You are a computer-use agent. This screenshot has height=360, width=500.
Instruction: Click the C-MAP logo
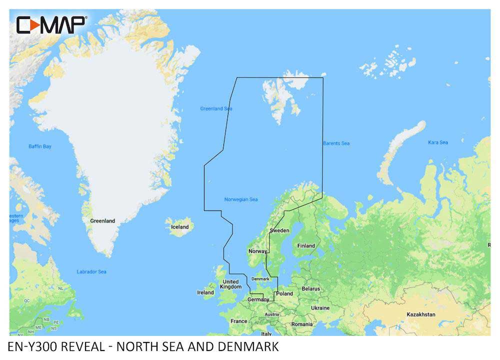[51, 24]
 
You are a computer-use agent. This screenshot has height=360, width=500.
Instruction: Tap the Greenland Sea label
[216, 108]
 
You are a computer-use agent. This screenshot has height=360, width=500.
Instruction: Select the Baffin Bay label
[39, 146]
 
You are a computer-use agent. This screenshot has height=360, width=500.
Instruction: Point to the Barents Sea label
[336, 143]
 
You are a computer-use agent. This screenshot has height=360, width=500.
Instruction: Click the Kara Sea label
[437, 142]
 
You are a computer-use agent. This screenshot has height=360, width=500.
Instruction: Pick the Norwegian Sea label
[241, 199]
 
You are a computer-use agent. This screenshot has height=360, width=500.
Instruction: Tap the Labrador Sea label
[91, 272]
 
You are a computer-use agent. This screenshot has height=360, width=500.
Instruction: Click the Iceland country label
[180, 227]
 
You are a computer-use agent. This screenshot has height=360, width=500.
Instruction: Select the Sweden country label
[279, 230]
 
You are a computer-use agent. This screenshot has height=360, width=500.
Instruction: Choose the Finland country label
[306, 245]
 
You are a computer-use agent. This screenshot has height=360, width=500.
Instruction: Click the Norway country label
[258, 251]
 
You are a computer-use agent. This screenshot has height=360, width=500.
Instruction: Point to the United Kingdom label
[231, 284]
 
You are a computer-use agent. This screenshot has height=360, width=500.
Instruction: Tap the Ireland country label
[205, 292]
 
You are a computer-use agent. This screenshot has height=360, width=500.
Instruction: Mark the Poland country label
[285, 293]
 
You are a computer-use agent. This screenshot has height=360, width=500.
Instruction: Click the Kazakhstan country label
[420, 314]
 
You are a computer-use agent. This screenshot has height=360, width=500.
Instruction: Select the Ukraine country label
[320, 308]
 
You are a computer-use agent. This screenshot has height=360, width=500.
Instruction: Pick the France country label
[239, 321]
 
